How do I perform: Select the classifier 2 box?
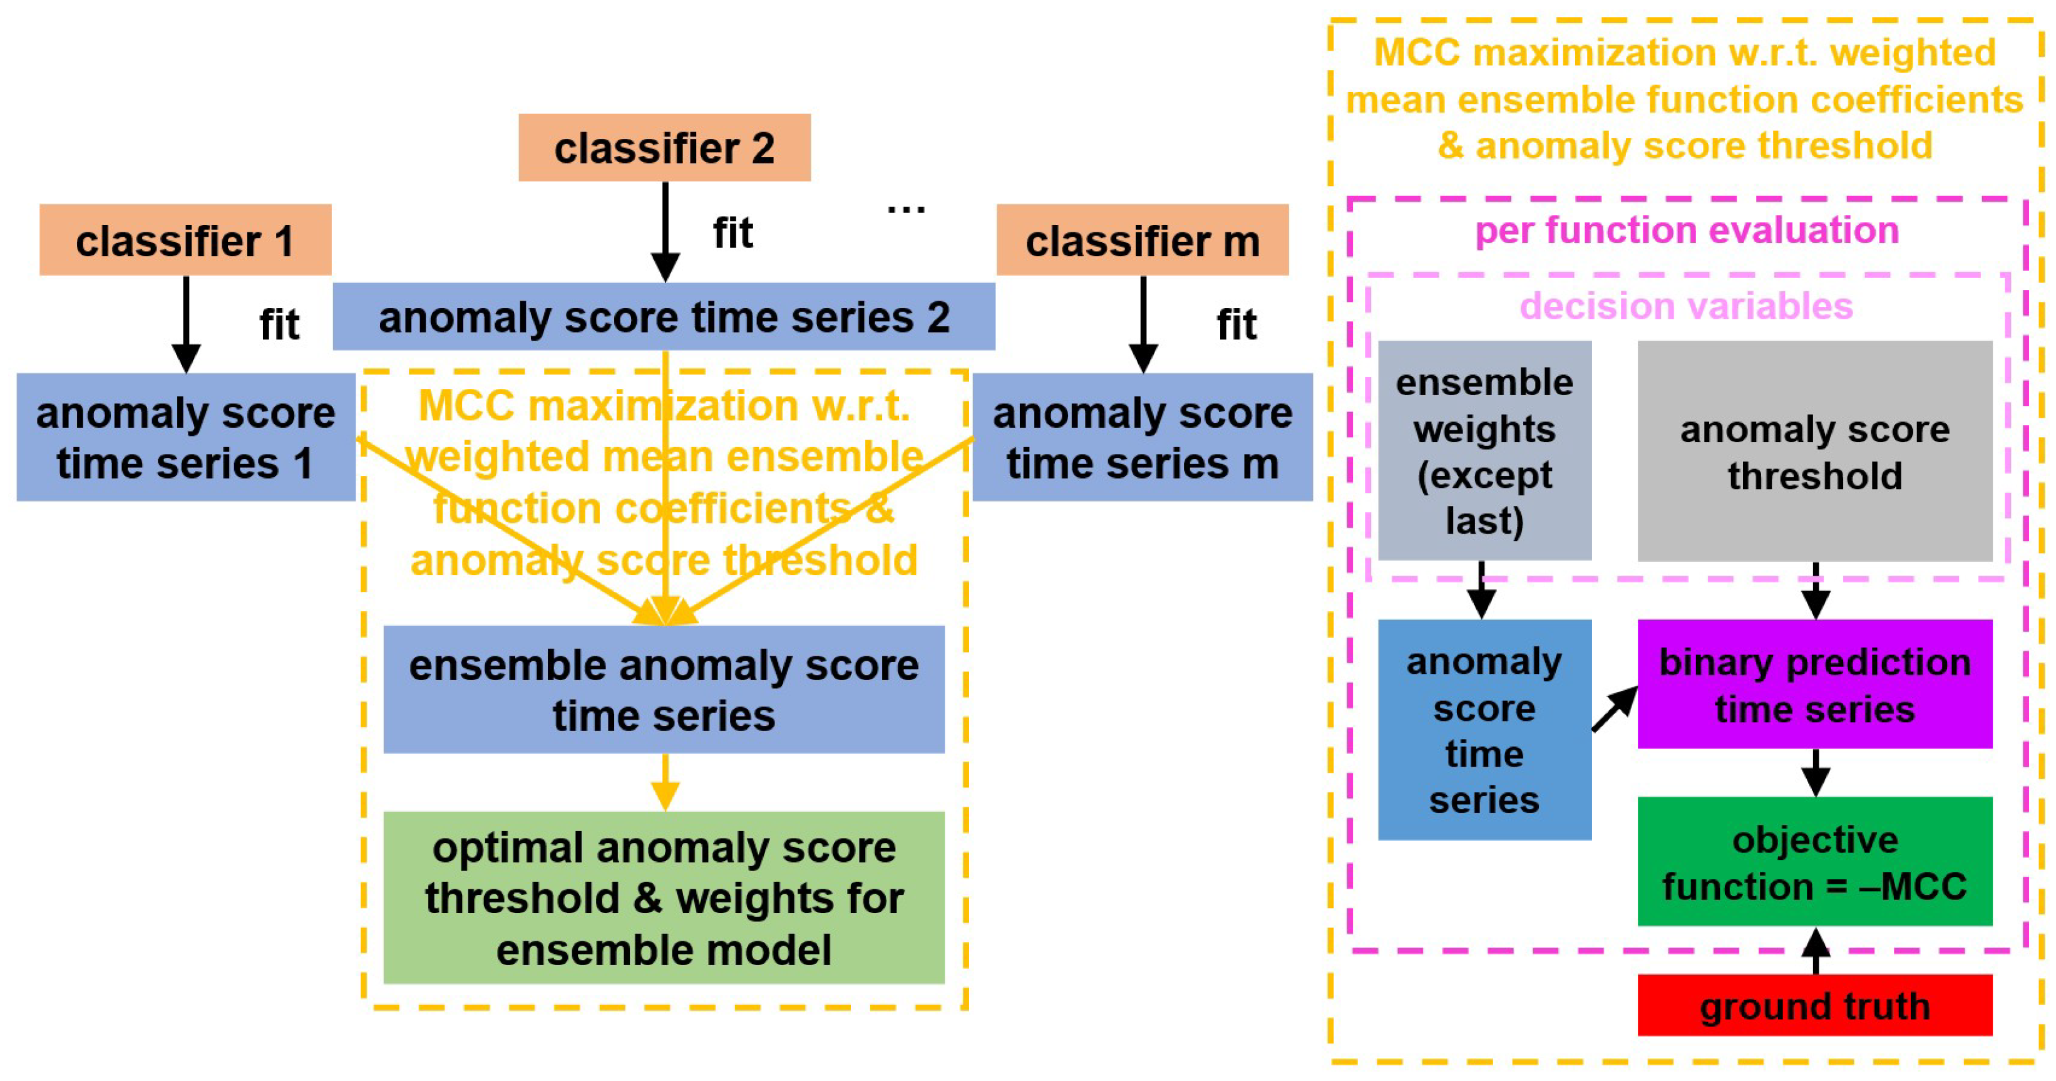664,148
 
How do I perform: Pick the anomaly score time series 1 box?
185,438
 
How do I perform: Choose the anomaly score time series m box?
1142,438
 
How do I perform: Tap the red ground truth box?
1814,1005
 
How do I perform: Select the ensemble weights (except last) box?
1484,451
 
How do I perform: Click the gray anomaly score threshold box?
1814,451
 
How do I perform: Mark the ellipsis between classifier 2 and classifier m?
906,209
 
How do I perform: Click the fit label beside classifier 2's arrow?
732,233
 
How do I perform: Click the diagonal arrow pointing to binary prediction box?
1615,709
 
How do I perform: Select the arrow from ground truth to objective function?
1816,951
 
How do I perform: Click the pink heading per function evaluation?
1687,230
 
